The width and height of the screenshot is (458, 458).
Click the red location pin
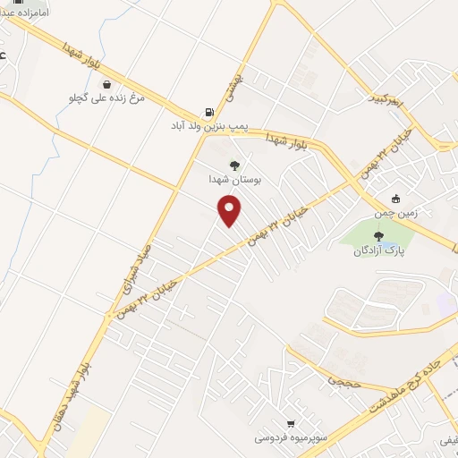point(230,209)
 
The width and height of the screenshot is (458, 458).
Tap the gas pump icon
point(209,112)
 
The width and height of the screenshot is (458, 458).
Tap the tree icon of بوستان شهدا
point(234,165)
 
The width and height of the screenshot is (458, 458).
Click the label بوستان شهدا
point(234,179)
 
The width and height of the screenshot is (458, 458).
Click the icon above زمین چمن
point(395,199)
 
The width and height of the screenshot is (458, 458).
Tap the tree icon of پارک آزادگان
point(378,237)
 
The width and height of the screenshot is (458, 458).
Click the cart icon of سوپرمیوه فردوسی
point(291,423)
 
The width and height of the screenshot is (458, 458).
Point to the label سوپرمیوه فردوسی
point(285,437)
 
